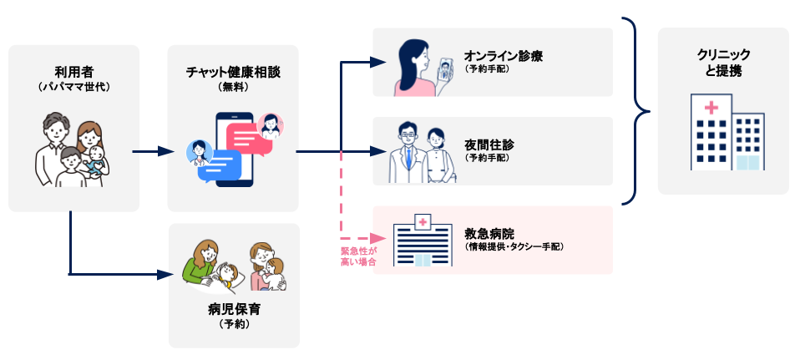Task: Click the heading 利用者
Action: click(x=74, y=72)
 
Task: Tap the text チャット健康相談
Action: click(x=233, y=72)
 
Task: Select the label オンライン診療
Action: click(x=503, y=56)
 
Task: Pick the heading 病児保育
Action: click(x=234, y=309)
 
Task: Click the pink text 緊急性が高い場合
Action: click(x=359, y=257)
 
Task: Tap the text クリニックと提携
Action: click(x=723, y=63)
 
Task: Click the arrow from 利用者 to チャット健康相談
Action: click(x=153, y=151)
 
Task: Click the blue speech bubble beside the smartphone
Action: click(x=220, y=166)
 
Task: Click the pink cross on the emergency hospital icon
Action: click(x=422, y=222)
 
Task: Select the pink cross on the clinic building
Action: click(x=711, y=107)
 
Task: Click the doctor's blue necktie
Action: click(x=408, y=160)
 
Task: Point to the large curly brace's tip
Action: click(x=650, y=111)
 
